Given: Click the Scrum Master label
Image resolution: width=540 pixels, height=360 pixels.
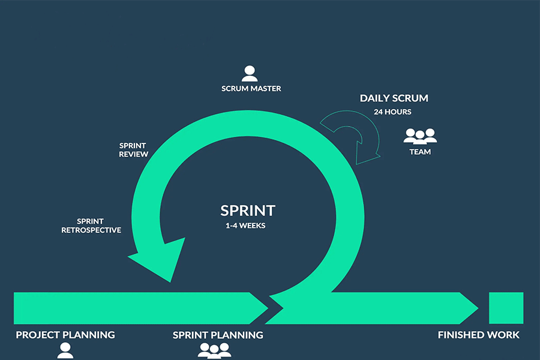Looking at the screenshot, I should (251, 89).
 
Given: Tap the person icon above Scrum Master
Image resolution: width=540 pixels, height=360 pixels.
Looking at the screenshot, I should (250, 73).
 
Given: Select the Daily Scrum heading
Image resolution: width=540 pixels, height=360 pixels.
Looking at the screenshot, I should (394, 98).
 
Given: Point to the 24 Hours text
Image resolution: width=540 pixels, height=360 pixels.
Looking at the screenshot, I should (393, 112).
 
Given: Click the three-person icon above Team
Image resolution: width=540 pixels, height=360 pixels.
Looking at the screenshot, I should (420, 136).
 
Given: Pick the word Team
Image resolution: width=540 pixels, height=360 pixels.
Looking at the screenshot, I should (420, 152).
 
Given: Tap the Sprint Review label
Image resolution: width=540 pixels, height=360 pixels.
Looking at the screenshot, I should (133, 150).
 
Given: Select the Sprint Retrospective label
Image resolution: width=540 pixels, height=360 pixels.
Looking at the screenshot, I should (91, 226).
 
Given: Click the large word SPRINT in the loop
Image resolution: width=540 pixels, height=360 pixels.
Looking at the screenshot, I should (247, 211).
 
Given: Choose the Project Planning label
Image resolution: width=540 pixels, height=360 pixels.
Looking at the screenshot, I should (65, 335).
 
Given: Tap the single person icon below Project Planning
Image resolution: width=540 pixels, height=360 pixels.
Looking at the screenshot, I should (65, 351).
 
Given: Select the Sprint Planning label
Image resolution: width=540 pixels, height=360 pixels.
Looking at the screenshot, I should (218, 335).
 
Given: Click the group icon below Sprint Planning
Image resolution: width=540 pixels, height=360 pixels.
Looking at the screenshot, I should (214, 350).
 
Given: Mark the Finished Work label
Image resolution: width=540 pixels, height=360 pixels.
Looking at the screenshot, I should (479, 335).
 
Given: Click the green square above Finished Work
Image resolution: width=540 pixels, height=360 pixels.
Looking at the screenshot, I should (506, 308).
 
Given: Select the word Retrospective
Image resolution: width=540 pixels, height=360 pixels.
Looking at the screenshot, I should (91, 230).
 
